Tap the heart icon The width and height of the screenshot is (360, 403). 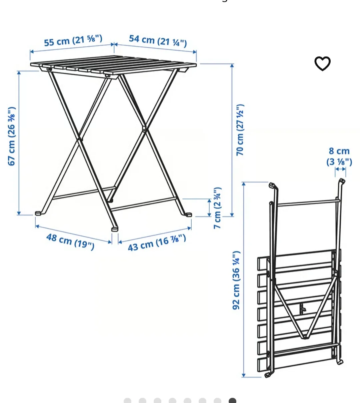pyautogui.click(x=322, y=63)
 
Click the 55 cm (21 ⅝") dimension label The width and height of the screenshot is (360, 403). pyautogui.click(x=73, y=41)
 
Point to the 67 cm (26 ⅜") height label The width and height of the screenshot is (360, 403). pyautogui.click(x=12, y=136)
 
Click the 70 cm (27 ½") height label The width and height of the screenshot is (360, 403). pyautogui.click(x=240, y=130)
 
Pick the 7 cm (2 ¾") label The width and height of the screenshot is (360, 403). pyautogui.click(x=217, y=208)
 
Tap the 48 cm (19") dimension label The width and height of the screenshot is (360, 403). pyautogui.click(x=70, y=241)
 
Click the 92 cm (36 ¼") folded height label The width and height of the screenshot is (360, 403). pyautogui.click(x=236, y=280)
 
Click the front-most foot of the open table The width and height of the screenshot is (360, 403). pyautogui.click(x=114, y=229)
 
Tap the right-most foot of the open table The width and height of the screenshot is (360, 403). pyautogui.click(x=188, y=215)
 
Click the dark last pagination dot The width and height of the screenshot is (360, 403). pyautogui.click(x=232, y=400)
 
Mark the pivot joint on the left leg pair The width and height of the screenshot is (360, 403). pyautogui.click(x=79, y=139)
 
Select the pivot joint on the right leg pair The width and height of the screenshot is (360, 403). pyautogui.click(x=144, y=128)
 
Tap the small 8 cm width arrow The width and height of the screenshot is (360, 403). pyautogui.click(x=340, y=169)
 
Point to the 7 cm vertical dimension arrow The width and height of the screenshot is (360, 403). pyautogui.click(x=209, y=208)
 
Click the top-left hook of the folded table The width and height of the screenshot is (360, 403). pyautogui.click(x=272, y=185)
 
